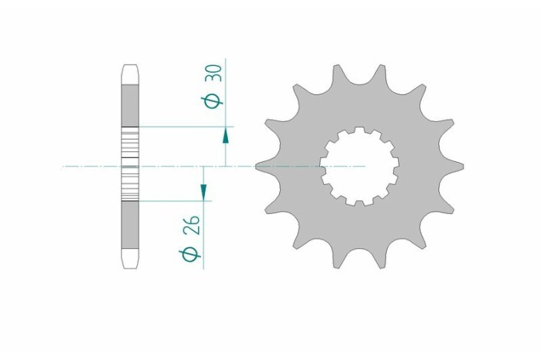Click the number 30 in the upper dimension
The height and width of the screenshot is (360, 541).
tap(215, 74)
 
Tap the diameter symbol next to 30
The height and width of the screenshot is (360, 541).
tap(215, 101)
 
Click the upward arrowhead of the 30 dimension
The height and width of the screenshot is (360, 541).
tap(226, 135)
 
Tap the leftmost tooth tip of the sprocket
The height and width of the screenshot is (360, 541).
tap(259, 165)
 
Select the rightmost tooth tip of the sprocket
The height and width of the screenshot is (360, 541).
tap(462, 165)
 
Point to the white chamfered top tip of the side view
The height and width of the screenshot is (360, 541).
tap(130, 72)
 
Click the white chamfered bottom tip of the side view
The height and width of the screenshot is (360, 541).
tap(130, 259)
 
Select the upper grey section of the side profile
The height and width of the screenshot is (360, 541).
tap(130, 103)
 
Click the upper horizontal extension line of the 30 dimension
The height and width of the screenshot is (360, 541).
tap(184, 125)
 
